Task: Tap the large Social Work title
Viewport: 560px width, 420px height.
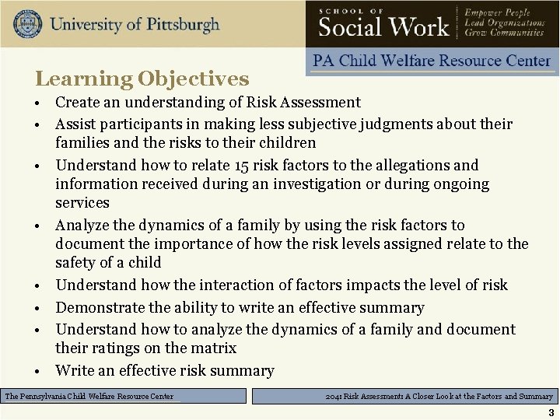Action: [384, 26]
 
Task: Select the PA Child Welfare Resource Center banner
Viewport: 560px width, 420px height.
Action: [432, 61]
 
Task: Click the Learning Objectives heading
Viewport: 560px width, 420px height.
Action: [142, 79]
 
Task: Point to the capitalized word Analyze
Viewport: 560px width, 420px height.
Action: [82, 226]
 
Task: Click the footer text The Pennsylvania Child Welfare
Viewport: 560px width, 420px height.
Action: [89, 397]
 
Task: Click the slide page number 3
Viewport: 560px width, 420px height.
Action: [551, 411]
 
